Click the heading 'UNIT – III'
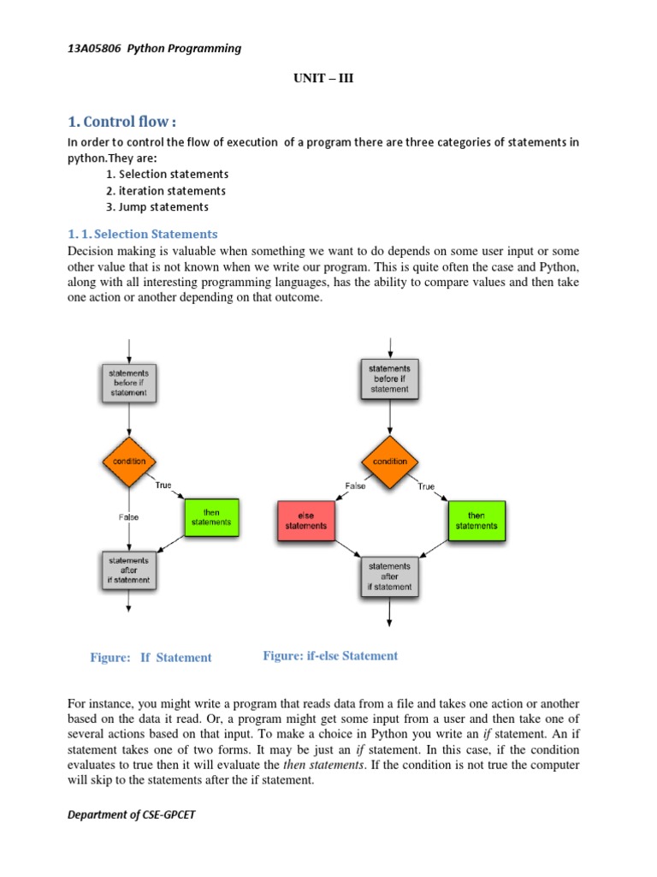(323, 79)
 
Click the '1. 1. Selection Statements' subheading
(142, 234)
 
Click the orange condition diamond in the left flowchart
(128, 462)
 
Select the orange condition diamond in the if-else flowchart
(390, 462)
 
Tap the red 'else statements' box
(305, 520)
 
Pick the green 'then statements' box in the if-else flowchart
(476, 520)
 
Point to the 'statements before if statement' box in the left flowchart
(128, 382)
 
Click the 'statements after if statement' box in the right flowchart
(390, 576)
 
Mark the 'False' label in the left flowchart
(128, 517)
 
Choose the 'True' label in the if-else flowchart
(426, 486)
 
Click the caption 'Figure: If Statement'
(151, 658)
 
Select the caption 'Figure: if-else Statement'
(330, 656)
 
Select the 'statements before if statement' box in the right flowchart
(390, 379)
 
